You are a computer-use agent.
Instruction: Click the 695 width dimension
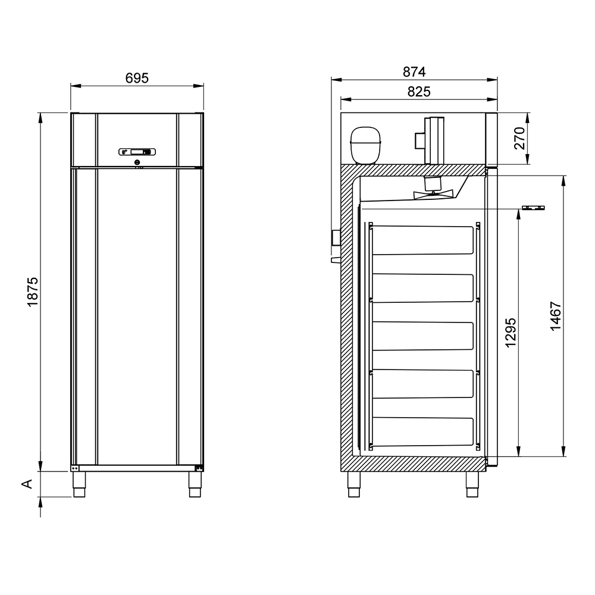137,78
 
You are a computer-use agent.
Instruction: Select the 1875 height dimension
33,292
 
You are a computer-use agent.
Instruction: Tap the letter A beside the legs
27,484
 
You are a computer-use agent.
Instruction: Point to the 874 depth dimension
414,72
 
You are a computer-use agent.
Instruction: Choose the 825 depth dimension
419,92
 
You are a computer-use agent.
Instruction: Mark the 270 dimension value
519,139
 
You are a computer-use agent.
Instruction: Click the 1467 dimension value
556,316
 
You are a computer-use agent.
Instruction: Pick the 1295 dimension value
511,333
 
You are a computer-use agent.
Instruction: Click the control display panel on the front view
137,152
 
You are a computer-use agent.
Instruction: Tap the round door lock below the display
137,162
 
